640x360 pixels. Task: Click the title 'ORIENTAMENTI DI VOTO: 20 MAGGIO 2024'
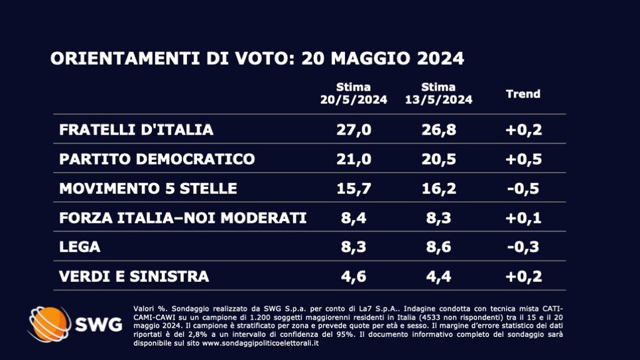[x=257, y=58]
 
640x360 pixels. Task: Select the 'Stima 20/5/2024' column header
[x=353, y=93]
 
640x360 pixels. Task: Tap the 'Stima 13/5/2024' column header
[x=438, y=93]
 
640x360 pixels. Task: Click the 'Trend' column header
[x=523, y=93]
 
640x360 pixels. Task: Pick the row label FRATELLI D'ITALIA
[x=136, y=129]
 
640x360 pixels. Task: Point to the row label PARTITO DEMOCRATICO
[x=157, y=159]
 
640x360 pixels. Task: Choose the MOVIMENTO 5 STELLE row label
[x=148, y=188]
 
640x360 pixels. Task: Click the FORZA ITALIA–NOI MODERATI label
[x=182, y=217]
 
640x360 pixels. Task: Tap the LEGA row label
[x=80, y=247]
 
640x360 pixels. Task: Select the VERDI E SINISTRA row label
[x=134, y=276]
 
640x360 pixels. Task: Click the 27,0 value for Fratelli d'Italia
[x=353, y=129]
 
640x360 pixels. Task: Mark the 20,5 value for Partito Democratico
[x=438, y=159]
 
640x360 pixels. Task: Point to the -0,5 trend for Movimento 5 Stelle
[x=523, y=188]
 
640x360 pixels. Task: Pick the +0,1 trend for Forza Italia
[x=523, y=217]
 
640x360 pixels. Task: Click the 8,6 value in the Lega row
[x=438, y=247]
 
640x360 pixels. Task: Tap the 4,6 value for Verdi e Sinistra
[x=353, y=276]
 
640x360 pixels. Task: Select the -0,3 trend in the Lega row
[x=523, y=247]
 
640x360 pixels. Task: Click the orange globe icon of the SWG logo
[x=48, y=324]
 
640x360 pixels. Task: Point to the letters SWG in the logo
[x=98, y=325]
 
